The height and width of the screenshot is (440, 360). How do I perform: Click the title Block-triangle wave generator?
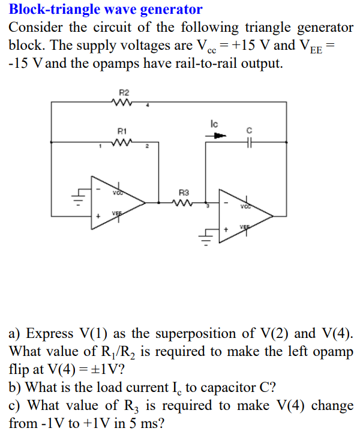(x=106, y=10)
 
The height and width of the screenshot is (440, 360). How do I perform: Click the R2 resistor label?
(x=124, y=92)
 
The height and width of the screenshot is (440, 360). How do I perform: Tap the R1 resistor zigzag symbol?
(x=124, y=143)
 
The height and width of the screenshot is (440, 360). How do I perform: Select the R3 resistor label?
(x=184, y=193)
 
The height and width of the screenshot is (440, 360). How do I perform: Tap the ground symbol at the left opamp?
(x=77, y=195)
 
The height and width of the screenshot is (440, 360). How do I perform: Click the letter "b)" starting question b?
(x=16, y=387)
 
